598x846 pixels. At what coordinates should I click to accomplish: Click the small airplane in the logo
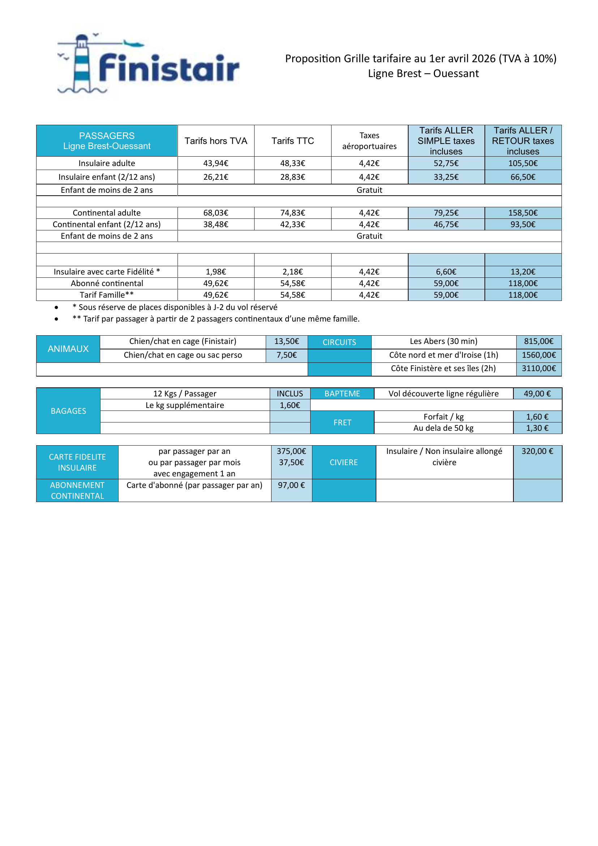[x=133, y=44]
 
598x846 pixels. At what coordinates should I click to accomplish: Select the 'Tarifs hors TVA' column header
[x=216, y=141]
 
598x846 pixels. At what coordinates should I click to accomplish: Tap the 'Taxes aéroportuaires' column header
[x=370, y=141]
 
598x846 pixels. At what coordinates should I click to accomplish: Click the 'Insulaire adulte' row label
[x=107, y=163]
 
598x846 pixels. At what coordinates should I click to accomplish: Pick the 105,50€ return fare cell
[x=523, y=163]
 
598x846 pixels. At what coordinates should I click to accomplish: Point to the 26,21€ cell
[x=216, y=177]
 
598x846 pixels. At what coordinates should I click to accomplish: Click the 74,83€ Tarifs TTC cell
[x=293, y=213]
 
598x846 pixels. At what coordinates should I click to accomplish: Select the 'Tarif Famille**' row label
[x=107, y=295]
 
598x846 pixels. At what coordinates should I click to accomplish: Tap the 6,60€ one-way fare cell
[x=446, y=272]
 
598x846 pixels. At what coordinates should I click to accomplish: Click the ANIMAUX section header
[x=68, y=349]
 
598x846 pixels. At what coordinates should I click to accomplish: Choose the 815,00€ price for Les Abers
[x=539, y=341]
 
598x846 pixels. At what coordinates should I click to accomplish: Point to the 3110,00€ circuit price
[x=539, y=369]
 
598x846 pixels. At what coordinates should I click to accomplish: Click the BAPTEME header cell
[x=342, y=394]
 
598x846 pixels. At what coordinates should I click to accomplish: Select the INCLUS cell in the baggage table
[x=290, y=394]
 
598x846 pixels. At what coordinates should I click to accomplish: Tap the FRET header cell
[x=342, y=422]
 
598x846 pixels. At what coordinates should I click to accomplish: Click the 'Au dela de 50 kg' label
[x=443, y=428]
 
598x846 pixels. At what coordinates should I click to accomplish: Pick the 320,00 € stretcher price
[x=537, y=451]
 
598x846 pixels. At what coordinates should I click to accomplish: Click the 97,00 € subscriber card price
[x=291, y=485]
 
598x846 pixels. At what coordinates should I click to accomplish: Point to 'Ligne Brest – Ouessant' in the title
[x=423, y=73]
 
